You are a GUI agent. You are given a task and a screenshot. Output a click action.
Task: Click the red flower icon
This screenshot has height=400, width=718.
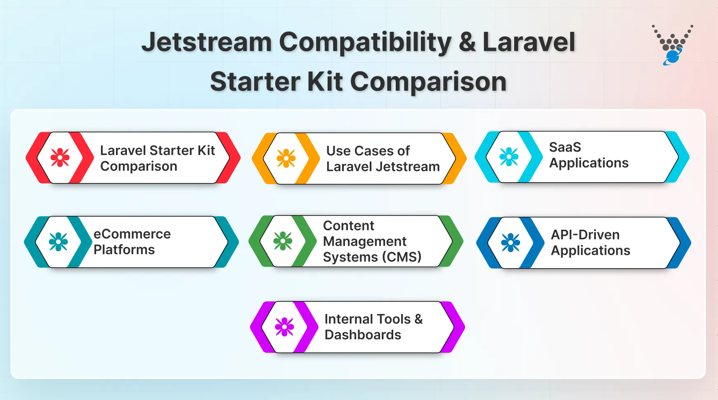[60, 157]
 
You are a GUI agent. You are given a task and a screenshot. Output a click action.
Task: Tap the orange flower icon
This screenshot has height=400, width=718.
[286, 158]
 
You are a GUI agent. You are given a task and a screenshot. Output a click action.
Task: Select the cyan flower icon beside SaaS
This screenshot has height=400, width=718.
[509, 157]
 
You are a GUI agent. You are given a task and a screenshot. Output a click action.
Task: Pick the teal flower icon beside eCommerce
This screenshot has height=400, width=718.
[58, 242]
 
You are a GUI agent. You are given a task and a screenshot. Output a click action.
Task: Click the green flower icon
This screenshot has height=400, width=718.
[283, 241]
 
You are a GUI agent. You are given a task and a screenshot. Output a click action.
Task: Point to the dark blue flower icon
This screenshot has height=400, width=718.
[510, 243]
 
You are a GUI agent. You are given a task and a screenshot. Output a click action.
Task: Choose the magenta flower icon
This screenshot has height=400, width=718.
[284, 327]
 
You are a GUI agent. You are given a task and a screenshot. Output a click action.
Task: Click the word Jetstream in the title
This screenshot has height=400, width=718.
[206, 43]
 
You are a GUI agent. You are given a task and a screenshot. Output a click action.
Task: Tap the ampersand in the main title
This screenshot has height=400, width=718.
[467, 43]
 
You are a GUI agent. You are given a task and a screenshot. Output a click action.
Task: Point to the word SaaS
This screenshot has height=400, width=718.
[565, 147]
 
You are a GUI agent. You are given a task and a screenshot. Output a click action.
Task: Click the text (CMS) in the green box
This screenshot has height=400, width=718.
[402, 257]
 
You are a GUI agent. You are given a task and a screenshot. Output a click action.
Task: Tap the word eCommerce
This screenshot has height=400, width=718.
[132, 234]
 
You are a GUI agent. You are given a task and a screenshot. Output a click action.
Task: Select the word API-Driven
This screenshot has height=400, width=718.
[585, 235]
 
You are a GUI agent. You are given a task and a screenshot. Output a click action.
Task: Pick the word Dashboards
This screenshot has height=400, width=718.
[363, 335]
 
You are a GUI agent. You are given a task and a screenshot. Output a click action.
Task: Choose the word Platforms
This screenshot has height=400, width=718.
[124, 250]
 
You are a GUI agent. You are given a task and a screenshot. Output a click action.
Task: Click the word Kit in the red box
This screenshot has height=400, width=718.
[206, 150]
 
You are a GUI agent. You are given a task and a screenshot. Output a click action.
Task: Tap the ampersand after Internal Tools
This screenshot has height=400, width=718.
[418, 319]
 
